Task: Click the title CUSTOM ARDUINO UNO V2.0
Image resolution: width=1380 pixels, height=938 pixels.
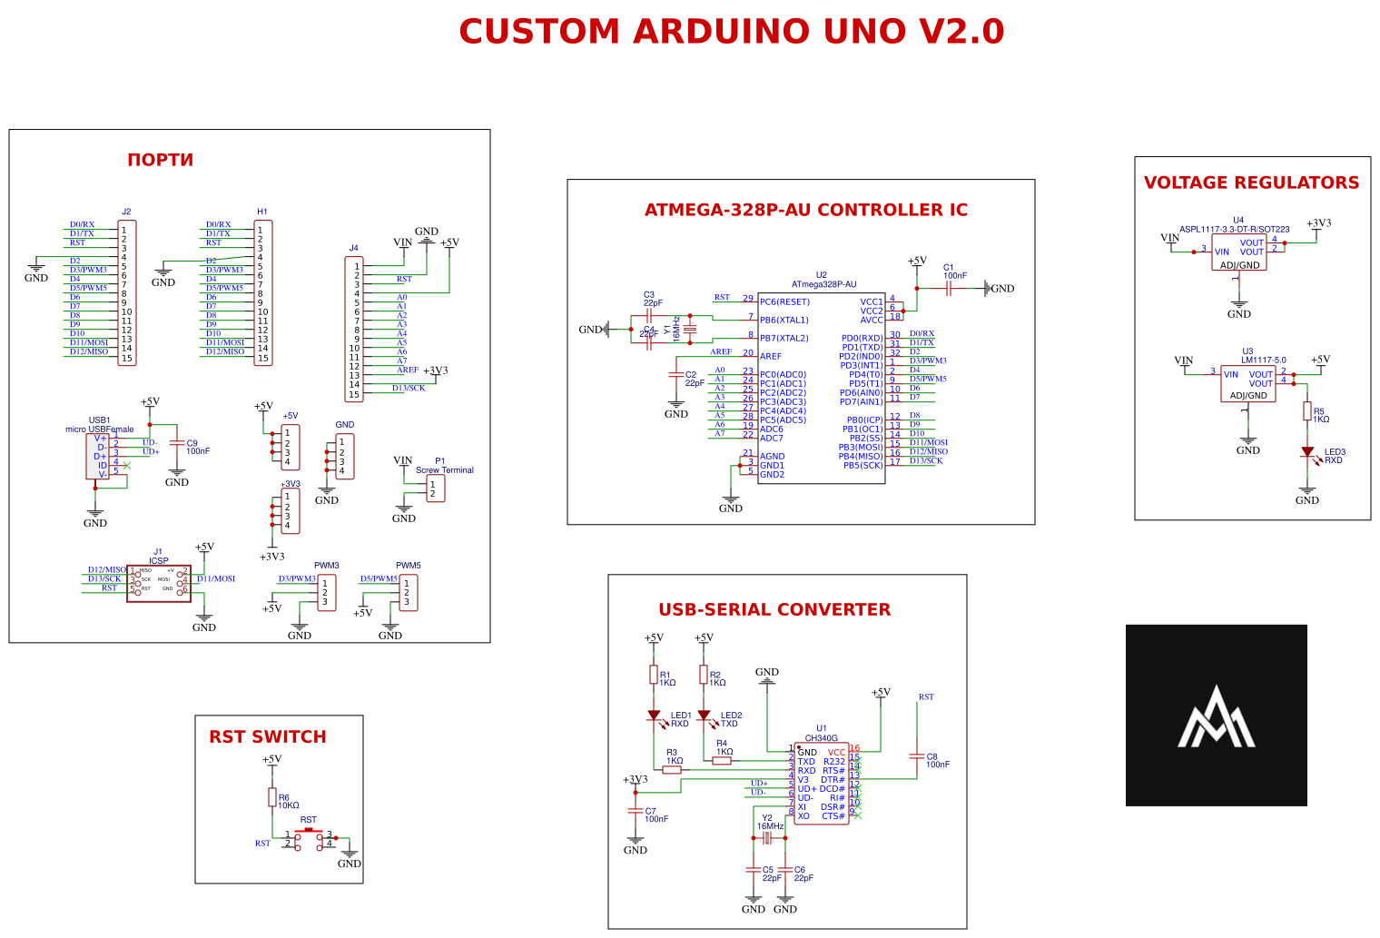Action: click(731, 32)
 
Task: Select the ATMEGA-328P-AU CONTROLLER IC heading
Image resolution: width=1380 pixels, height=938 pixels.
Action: click(805, 210)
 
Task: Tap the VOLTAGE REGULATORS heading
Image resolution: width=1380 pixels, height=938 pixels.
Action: click(1251, 183)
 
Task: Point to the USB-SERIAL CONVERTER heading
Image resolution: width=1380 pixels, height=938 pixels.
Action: click(774, 609)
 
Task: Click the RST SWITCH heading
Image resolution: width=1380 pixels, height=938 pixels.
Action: click(267, 736)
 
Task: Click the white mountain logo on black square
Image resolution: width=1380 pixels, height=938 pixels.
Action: click(1216, 716)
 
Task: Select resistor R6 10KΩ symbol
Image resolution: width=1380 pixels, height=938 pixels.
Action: click(272, 797)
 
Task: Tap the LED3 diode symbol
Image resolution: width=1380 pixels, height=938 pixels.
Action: click(1307, 451)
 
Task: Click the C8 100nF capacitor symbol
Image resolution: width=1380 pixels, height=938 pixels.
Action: click(917, 756)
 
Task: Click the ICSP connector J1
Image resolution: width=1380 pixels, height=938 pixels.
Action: click(159, 583)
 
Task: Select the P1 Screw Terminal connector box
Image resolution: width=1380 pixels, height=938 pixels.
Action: click(436, 489)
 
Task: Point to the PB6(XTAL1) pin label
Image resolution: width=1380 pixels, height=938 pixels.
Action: click(784, 320)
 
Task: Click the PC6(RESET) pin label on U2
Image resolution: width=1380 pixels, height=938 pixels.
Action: click(784, 301)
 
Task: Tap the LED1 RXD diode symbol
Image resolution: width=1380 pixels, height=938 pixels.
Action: click(654, 716)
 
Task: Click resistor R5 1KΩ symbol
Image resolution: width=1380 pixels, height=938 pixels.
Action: click(1307, 411)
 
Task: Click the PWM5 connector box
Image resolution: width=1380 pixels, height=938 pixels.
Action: click(409, 593)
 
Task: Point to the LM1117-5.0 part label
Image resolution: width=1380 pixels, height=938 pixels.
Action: click(1264, 360)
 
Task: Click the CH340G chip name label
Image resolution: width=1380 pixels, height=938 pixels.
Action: click(821, 738)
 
